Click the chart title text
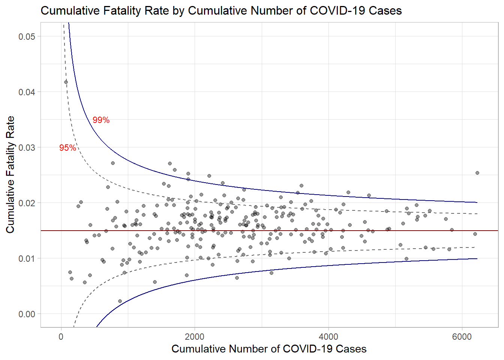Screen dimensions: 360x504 pos(221,10)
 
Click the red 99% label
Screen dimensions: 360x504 pos(101,120)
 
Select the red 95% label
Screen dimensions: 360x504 pos(67,148)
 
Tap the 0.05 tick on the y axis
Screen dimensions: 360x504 pos(27,36)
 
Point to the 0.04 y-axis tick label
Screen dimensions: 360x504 pos(27,92)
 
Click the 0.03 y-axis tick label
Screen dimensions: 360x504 pos(27,147)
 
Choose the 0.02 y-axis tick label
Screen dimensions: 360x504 pos(27,203)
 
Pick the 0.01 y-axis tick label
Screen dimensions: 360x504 pos(27,258)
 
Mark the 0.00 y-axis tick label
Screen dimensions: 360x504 pos(27,314)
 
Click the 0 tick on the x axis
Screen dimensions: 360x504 pos(61,336)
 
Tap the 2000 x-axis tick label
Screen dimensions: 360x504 pos(195,336)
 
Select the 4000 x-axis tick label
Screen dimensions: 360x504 pos(328,336)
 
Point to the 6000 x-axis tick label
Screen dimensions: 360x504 pos(462,336)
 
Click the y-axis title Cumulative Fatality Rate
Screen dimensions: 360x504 pos(10,174)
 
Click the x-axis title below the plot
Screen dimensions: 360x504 pos(269,349)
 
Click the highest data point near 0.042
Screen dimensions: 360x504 pos(66,82)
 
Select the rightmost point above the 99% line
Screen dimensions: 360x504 pos(477,173)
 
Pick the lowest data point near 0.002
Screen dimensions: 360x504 pos(120,301)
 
